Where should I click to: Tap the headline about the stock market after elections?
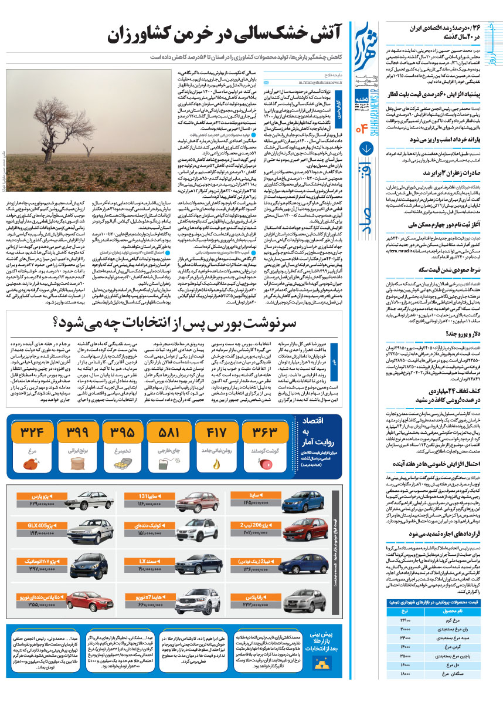pos(176,323)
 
